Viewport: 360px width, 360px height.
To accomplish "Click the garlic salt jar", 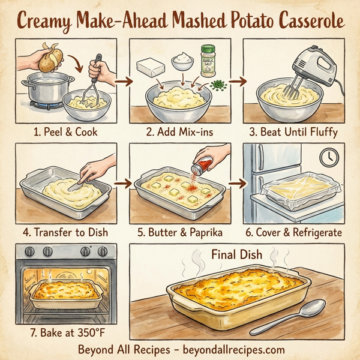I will tap(208, 61).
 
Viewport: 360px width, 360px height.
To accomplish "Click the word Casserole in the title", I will tap(307, 20).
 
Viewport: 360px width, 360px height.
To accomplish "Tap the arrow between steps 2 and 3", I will tap(238, 80).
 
